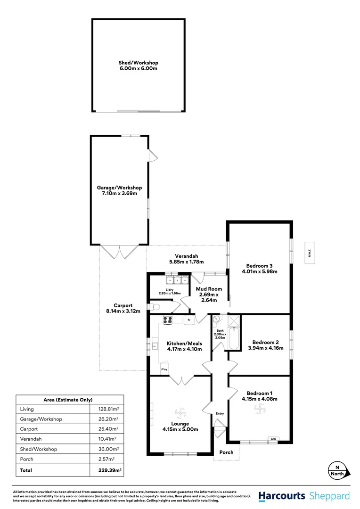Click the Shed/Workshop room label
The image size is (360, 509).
[x=138, y=63]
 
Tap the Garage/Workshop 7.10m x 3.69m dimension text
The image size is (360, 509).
[x=119, y=194]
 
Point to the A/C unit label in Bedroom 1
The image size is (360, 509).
[x=273, y=439]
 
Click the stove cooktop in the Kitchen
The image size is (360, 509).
[x=168, y=320]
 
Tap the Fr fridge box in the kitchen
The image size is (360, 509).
[x=188, y=320]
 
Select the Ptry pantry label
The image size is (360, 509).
[x=164, y=369]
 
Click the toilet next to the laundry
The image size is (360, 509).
[x=155, y=307]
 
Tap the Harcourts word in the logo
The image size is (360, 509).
[x=282, y=496]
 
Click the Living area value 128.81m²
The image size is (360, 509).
[x=104, y=409]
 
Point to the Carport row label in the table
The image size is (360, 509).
[x=30, y=429]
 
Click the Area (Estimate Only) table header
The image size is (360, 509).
[x=68, y=399]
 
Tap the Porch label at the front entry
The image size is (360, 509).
[x=226, y=452]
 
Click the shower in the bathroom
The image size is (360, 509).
[x=234, y=321]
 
